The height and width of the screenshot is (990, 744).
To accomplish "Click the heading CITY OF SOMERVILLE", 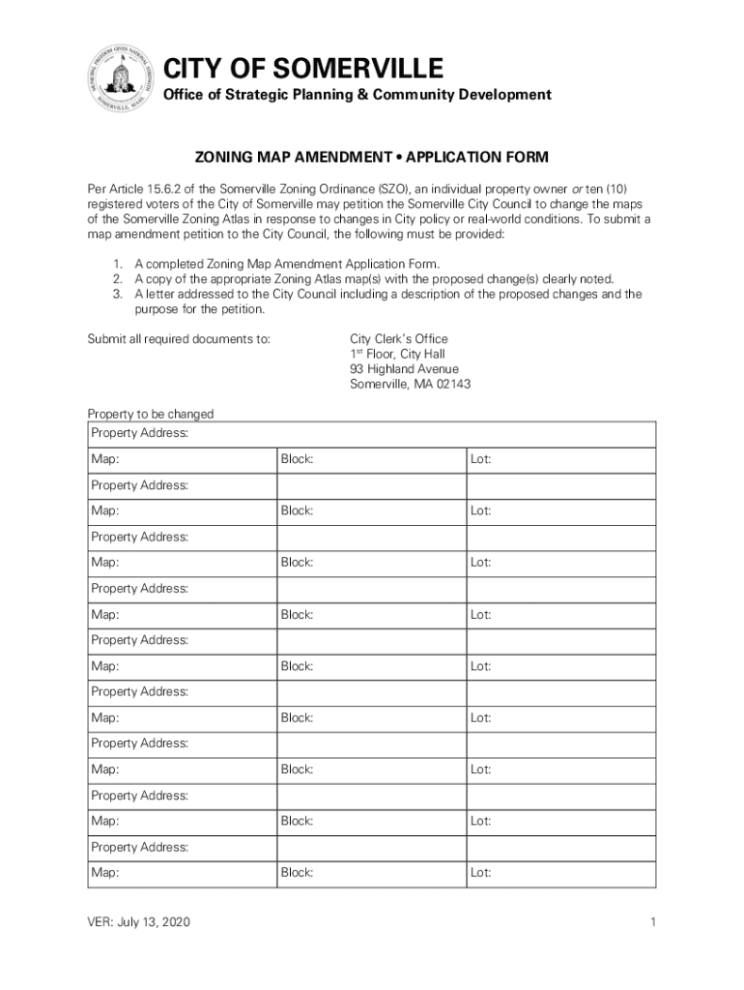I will coord(302,69).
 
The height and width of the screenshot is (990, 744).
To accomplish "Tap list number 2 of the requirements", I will coord(117,278).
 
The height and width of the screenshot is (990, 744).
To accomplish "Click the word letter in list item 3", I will coord(160,294).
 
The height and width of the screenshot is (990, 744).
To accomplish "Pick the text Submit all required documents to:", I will coord(179,339).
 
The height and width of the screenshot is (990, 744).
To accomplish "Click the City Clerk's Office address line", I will coord(398,339).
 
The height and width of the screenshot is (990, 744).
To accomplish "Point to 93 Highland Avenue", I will coord(404,369).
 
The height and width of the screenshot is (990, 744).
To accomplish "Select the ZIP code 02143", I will coord(449,385).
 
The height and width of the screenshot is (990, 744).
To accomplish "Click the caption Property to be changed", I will coord(151,414).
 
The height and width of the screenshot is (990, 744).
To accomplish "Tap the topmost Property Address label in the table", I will coord(139,433).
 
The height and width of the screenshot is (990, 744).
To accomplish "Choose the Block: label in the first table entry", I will coord(297,459).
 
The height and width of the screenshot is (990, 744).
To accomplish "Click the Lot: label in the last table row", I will coord(480,873).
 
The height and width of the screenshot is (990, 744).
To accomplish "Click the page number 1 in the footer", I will coord(653,922).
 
